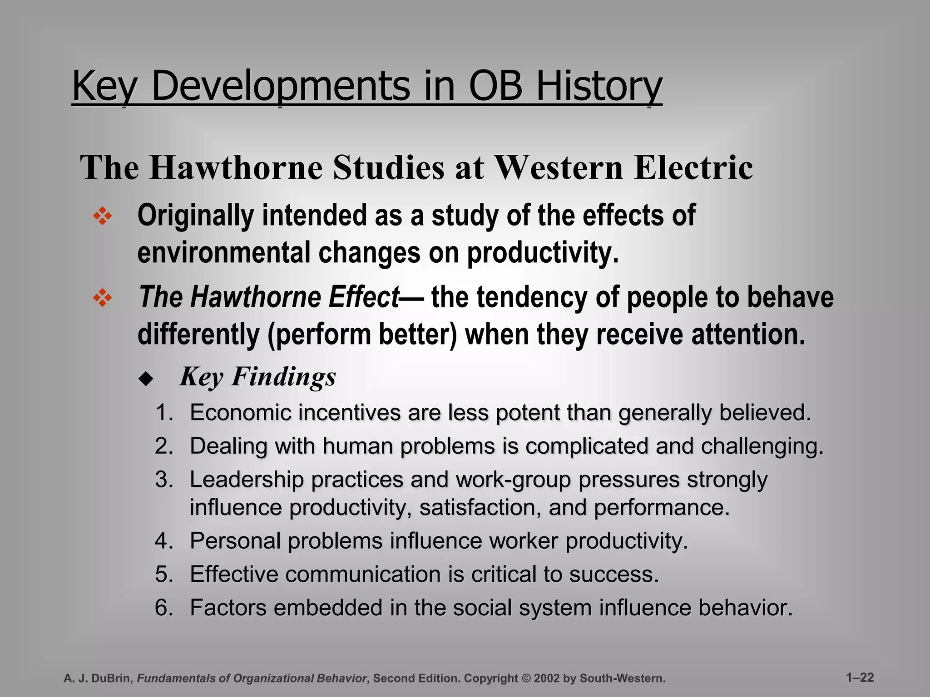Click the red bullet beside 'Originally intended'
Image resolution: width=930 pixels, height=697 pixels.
tap(102, 216)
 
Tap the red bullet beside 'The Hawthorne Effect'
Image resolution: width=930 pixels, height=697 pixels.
tap(102, 298)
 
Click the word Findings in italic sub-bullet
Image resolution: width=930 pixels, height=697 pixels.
tap(283, 377)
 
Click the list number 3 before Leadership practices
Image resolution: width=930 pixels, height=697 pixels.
tap(164, 480)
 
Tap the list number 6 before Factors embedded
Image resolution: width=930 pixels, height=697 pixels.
tap(164, 608)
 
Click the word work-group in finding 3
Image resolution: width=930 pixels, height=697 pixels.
tap(513, 480)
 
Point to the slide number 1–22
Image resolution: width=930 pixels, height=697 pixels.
tap(860, 677)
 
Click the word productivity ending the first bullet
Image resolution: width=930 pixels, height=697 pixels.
tap(543, 253)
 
